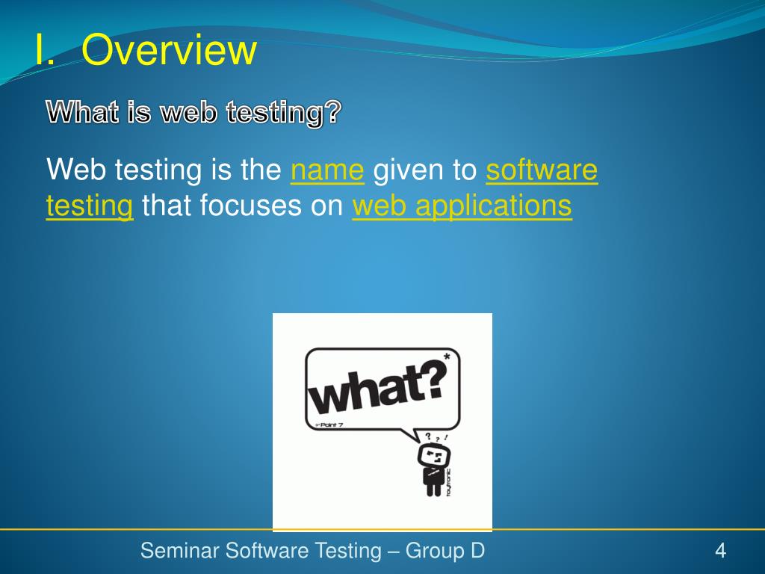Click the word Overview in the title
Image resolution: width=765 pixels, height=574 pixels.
click(x=169, y=50)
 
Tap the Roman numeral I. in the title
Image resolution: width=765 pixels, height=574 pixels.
click(x=44, y=50)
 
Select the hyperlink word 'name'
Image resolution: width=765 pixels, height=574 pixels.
click(x=327, y=170)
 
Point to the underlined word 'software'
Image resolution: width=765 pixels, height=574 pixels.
click(x=542, y=170)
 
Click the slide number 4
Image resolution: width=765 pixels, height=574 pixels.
click(x=721, y=551)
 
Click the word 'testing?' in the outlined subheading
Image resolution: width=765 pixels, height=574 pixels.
click(x=283, y=113)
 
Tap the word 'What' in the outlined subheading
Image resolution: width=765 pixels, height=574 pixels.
click(x=83, y=112)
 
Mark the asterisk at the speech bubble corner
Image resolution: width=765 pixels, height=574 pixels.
click(x=447, y=357)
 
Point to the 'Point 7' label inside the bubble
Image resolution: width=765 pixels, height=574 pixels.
click(x=329, y=425)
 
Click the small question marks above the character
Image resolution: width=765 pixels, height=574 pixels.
click(x=436, y=437)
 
